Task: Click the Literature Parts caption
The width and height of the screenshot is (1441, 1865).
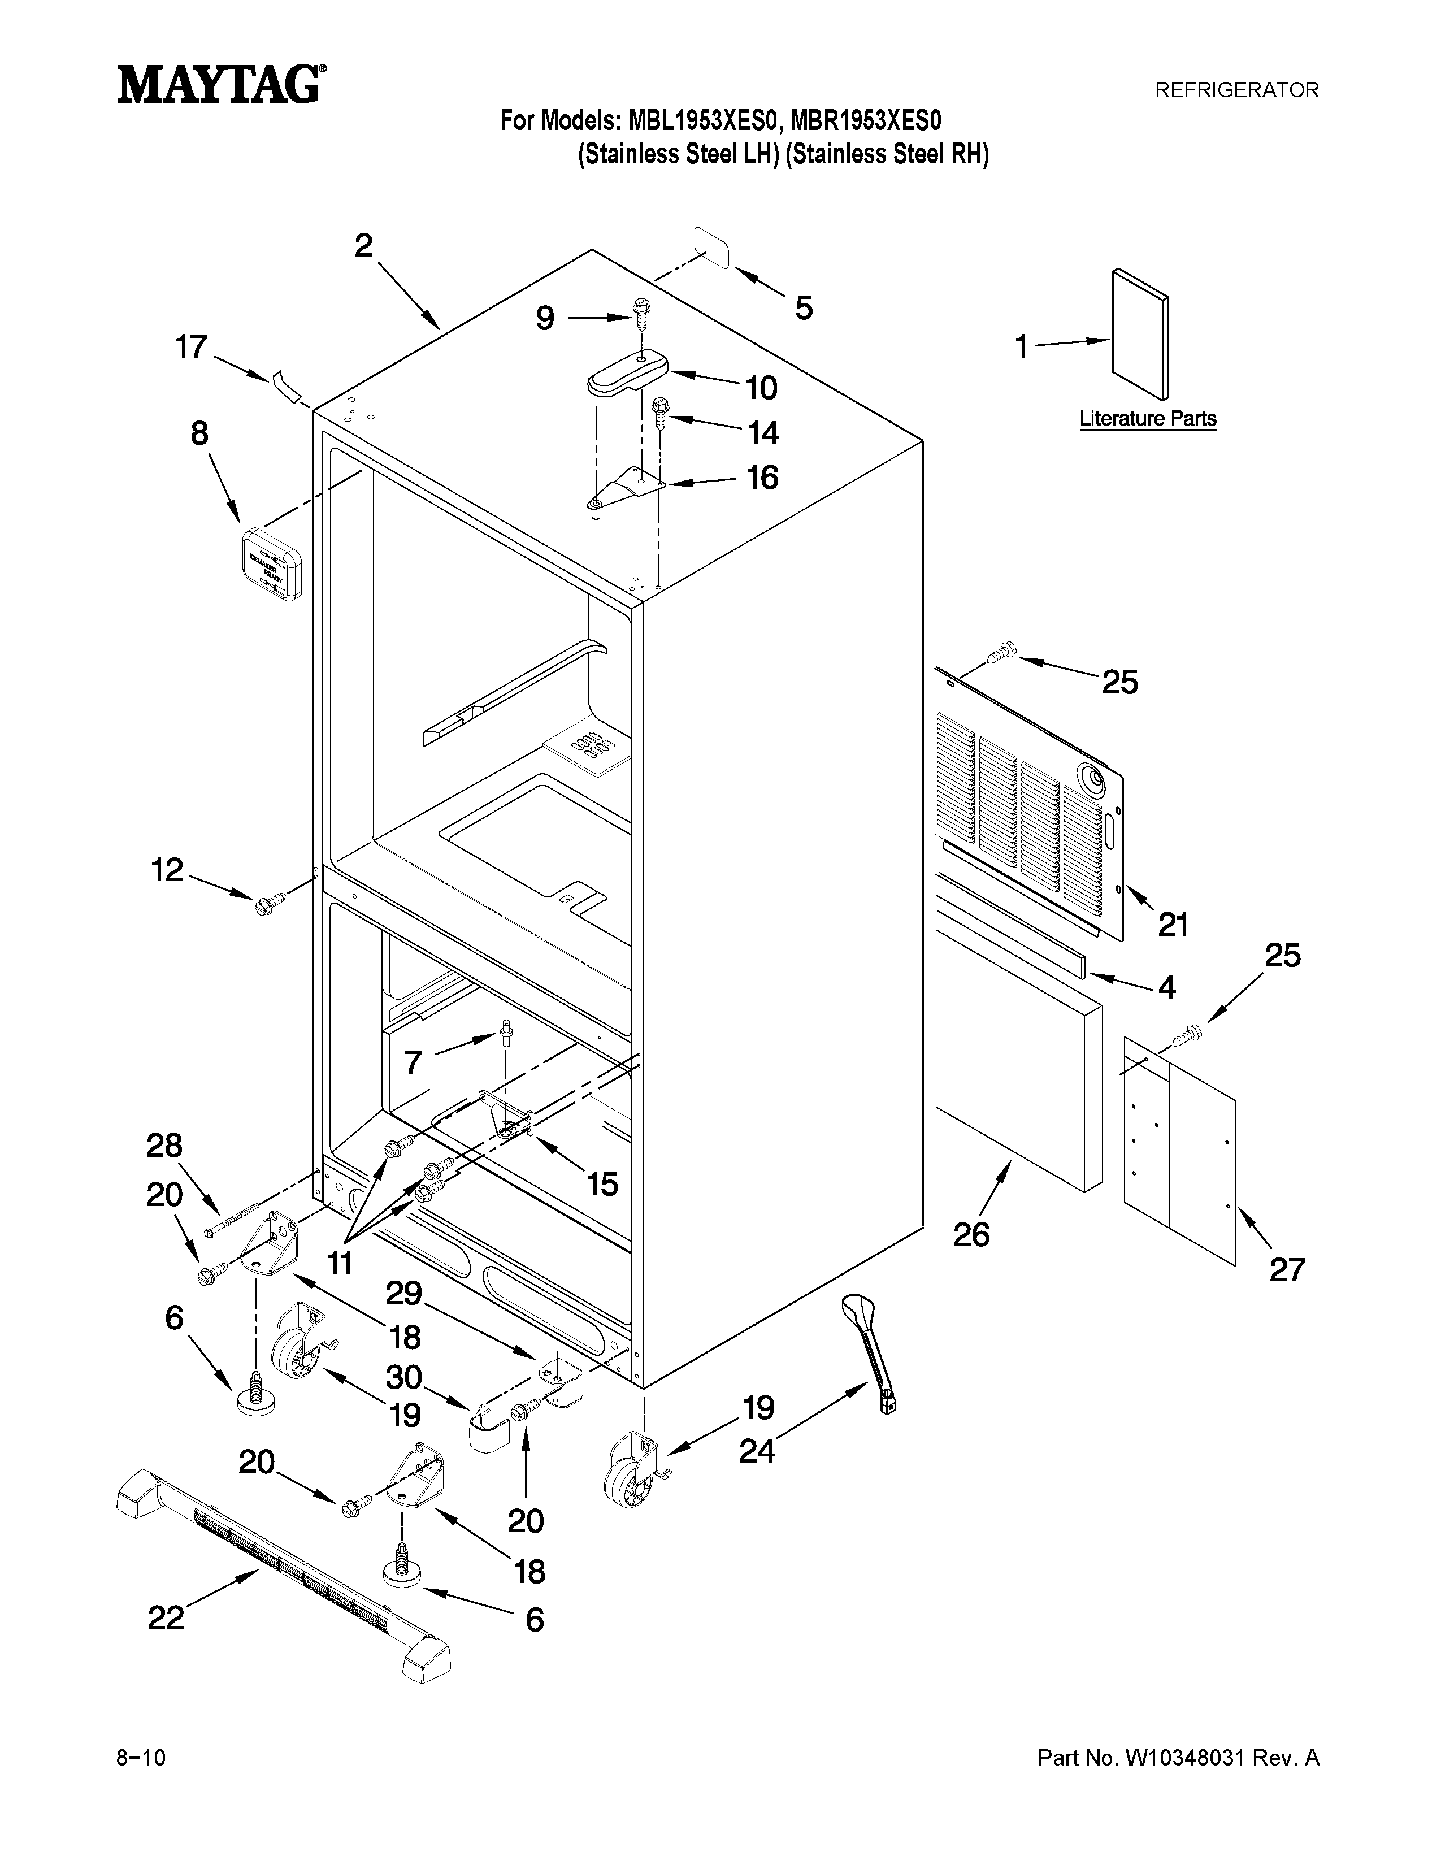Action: (1147, 418)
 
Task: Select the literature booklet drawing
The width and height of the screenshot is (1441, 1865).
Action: (1140, 333)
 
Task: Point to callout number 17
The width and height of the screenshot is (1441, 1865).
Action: (191, 346)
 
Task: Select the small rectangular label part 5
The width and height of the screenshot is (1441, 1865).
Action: (713, 248)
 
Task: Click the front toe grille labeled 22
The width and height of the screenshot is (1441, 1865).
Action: (282, 1563)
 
